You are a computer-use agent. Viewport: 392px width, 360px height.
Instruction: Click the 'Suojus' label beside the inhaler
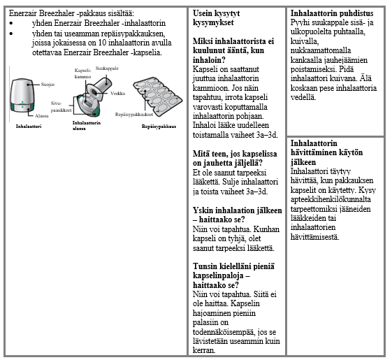pos(48,85)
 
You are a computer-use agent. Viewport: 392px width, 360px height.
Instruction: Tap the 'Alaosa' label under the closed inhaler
pos(41,116)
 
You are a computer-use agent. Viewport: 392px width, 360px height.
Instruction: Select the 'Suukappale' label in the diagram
pos(107,69)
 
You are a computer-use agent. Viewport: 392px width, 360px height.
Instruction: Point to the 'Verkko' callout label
pos(117,94)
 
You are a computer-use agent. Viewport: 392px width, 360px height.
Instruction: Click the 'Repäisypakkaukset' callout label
pos(134,115)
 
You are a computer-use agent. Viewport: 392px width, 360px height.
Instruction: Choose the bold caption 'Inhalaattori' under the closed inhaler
pos(29,127)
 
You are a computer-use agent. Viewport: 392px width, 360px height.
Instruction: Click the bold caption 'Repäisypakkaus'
pos(159,127)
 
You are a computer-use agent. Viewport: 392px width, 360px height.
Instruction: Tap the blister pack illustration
pos(157,96)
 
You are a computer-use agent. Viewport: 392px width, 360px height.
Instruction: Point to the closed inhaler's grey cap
pos(22,92)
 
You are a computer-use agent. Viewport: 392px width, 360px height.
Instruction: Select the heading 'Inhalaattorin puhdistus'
pos(332,13)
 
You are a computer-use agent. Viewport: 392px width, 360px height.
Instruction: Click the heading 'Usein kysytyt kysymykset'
pos(216,17)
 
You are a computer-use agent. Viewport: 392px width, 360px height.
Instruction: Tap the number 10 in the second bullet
pos(102,43)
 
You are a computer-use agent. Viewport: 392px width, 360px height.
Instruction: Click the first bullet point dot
pos(11,24)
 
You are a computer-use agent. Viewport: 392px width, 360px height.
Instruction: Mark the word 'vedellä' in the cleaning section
pos(303,97)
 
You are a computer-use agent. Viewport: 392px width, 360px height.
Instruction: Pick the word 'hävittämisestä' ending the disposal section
pos(314,237)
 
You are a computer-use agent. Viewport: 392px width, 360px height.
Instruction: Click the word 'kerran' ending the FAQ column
pos(204,350)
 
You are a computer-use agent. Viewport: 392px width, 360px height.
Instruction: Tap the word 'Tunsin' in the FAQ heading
pos(205,266)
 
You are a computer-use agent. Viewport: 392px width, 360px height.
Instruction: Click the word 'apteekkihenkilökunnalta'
pos(331,200)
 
